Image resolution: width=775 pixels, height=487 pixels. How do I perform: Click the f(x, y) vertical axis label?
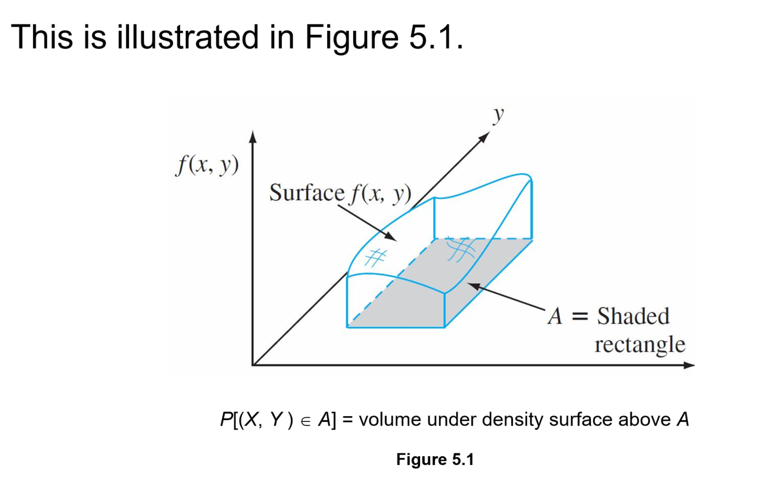(207, 166)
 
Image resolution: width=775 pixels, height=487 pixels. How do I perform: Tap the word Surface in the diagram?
(307, 193)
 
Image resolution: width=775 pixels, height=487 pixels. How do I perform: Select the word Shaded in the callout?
(634, 317)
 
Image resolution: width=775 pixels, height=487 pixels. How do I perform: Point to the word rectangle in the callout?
(640, 345)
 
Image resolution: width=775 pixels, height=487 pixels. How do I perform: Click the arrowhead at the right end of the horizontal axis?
(689, 365)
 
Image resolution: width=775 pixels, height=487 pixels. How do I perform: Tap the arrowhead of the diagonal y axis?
(486, 136)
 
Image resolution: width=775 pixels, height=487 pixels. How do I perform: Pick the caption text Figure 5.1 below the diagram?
(435, 460)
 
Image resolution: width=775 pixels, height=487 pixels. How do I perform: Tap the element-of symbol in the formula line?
(306, 420)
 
